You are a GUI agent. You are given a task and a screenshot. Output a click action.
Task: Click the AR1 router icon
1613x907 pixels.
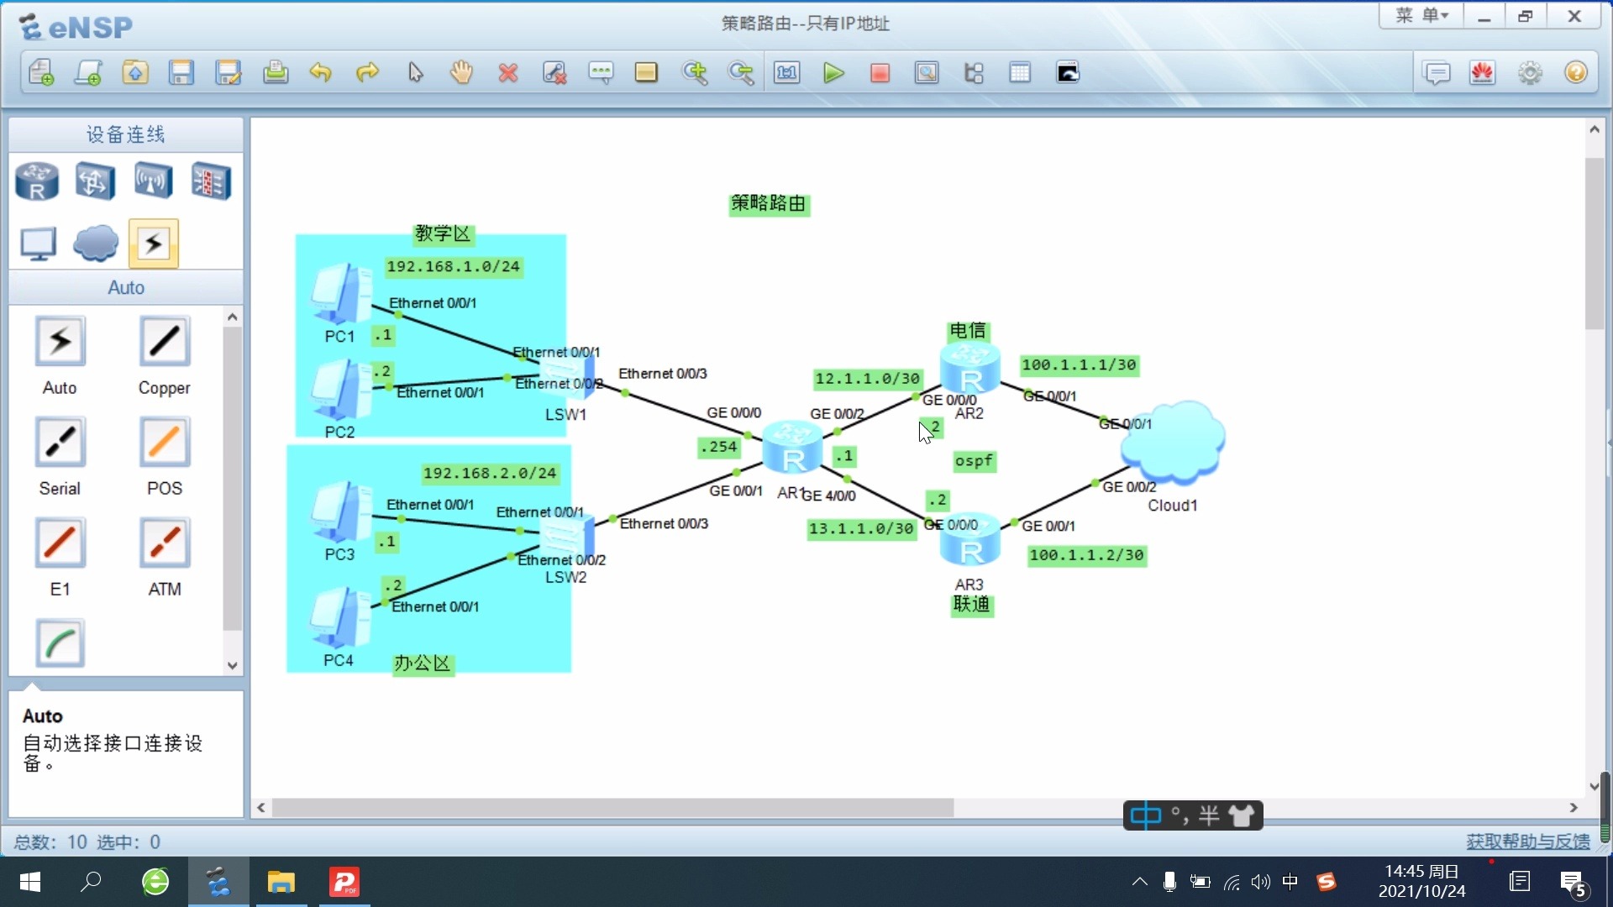[792, 447]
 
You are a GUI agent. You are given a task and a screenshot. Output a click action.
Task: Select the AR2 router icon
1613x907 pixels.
[970, 368]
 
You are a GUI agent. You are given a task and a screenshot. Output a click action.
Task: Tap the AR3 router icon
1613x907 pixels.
[970, 541]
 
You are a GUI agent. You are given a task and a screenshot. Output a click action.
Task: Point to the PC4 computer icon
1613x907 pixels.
[339, 618]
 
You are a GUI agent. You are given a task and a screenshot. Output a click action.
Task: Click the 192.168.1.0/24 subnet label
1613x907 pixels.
[453, 267]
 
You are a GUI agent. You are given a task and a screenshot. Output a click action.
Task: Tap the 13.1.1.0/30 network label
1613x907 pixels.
[861, 529]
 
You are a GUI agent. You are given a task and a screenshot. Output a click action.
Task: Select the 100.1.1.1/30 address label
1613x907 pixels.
[1079, 365]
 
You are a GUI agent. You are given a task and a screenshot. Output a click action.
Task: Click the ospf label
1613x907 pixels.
[974, 461]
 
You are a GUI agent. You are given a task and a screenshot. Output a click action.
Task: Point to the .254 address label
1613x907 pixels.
[718, 448]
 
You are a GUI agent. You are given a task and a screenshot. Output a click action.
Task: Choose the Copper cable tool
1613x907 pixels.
[165, 342]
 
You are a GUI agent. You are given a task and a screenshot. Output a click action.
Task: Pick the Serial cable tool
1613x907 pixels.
[60, 443]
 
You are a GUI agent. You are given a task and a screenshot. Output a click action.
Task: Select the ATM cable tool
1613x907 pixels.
[165, 543]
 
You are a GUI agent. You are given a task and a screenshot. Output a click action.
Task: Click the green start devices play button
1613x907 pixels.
[833, 73]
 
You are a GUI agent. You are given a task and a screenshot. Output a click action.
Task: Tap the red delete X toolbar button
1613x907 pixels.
[507, 73]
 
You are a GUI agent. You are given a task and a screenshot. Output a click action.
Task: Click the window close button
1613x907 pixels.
[1574, 16]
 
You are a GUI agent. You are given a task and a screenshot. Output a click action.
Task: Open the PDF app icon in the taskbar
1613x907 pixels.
[344, 882]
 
